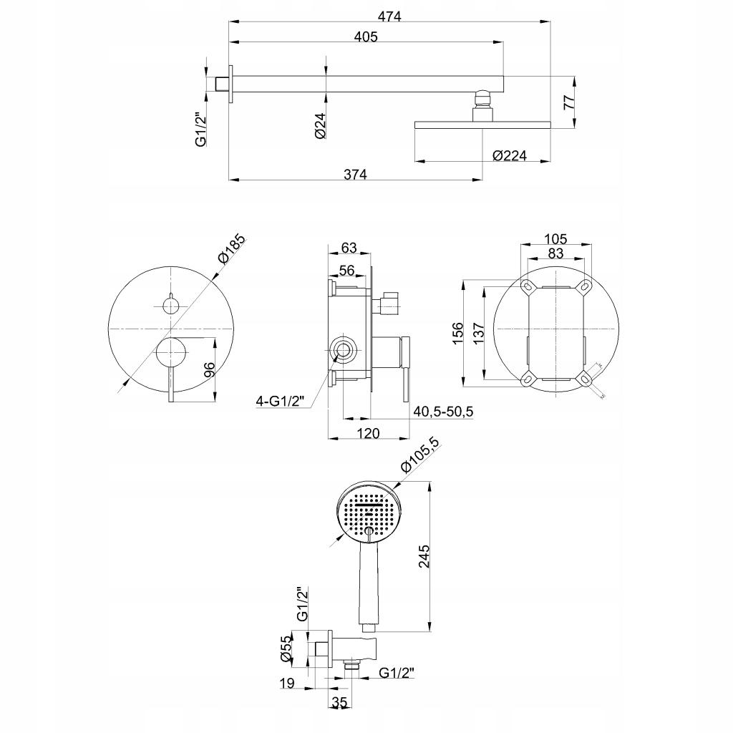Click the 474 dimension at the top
[x=390, y=16]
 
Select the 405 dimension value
[x=366, y=37]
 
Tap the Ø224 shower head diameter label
[x=509, y=155]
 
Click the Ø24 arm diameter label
[x=321, y=126]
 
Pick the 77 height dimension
[x=568, y=101]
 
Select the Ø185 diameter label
[x=232, y=248]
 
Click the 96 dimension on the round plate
[x=209, y=371]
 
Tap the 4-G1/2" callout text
[x=281, y=401]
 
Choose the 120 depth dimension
[x=368, y=432]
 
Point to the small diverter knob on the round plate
[x=171, y=306]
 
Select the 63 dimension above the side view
[x=349, y=248]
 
